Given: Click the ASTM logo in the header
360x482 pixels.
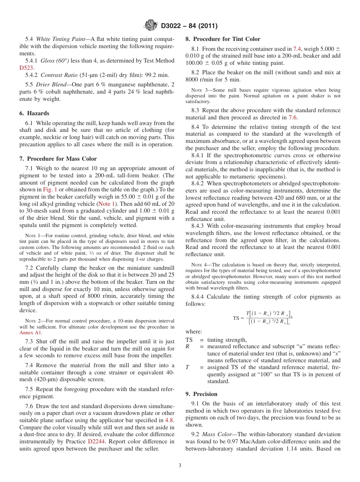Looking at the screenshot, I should point(151,25).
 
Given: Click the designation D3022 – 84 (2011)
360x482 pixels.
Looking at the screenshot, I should point(189,26).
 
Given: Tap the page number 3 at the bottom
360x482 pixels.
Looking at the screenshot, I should point(180,465).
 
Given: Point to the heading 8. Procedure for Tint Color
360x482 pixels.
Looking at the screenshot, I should point(223,39).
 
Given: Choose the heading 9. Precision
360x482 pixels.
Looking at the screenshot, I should point(201,394).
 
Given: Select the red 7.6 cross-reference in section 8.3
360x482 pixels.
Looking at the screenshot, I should point(293,117).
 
